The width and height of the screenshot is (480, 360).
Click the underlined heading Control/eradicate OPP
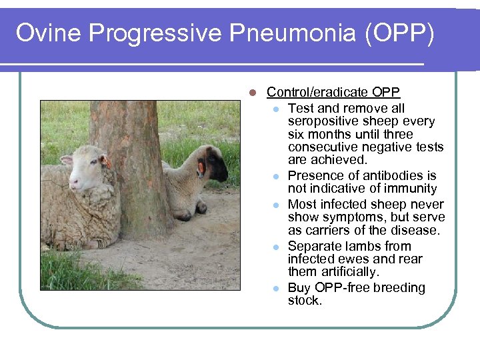[x=333, y=93]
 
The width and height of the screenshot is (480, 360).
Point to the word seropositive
[x=323, y=121]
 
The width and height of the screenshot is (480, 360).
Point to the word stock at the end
[x=305, y=301]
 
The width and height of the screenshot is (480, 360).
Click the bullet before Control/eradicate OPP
[x=252, y=93]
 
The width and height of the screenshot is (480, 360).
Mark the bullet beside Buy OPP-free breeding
[x=275, y=289]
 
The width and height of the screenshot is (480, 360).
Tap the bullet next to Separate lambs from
[x=275, y=247]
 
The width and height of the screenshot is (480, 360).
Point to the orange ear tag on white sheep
[x=106, y=162]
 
